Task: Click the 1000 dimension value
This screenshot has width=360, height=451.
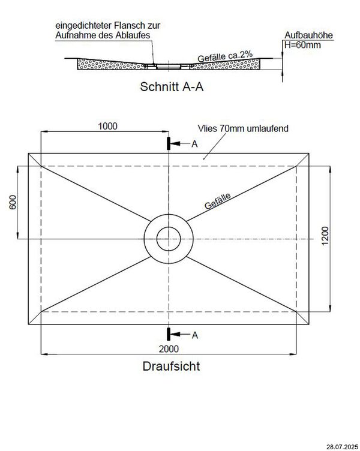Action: pos(107,126)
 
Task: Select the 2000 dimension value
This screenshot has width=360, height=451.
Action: pos(169,349)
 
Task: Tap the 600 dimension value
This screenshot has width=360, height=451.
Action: pos(13,202)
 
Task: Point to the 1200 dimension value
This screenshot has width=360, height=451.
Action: pos(325,236)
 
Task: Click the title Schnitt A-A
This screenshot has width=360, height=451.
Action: pos(172,86)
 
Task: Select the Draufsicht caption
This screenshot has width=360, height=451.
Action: pos(171,366)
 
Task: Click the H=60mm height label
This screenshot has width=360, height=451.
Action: pos(302,45)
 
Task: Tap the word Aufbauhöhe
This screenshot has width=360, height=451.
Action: pos(308,35)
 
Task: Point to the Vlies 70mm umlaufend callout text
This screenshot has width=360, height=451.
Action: pos(243,128)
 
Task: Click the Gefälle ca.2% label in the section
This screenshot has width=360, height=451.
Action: pos(225,56)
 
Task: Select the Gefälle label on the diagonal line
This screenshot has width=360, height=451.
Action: pos(218,201)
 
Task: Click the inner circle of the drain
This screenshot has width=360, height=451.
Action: pos(169,239)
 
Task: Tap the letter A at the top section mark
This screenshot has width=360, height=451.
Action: pos(194,144)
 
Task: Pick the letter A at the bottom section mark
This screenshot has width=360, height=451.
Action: pos(195,335)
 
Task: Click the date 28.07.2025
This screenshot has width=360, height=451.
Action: pos(343,447)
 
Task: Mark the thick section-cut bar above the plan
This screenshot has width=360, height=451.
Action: pos(169,143)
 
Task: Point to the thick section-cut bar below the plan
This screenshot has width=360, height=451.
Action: pos(169,334)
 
